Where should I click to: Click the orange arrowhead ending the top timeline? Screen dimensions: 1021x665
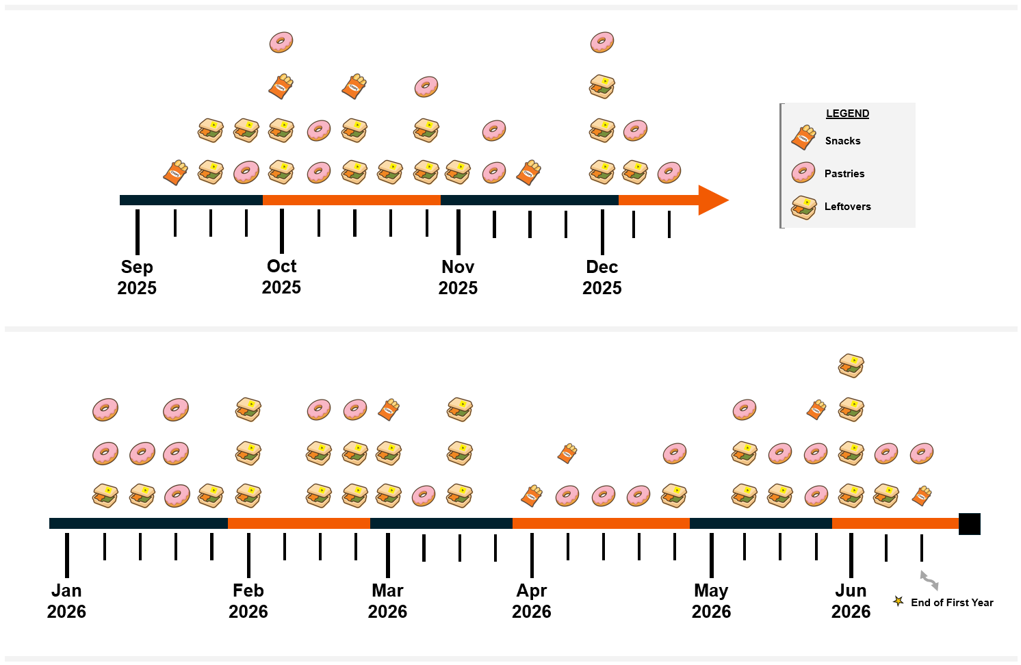713,200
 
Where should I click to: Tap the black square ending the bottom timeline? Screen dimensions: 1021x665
970,523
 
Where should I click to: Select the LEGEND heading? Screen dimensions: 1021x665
847,114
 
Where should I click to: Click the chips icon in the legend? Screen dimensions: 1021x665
803,138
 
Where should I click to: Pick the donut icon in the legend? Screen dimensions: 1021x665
803,172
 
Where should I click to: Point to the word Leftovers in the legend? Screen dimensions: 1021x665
847,207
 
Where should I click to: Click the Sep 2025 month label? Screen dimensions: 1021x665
137,277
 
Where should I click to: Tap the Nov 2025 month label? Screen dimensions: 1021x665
458,277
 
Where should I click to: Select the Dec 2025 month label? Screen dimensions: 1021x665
602,277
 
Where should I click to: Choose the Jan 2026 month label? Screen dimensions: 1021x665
66,601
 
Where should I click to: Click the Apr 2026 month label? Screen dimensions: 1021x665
532,601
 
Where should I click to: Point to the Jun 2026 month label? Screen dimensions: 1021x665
851,601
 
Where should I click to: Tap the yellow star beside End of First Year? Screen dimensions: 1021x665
898,601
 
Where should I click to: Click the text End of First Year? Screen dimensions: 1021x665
952,603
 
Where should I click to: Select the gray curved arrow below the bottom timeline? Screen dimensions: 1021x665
929,580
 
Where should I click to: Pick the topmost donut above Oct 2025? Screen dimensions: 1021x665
281,42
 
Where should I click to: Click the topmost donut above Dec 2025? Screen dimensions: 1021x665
602,42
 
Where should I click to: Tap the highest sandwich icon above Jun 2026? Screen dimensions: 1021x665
851,365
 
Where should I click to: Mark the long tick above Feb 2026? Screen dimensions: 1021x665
248,555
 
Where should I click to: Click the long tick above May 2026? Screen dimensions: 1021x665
712,555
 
